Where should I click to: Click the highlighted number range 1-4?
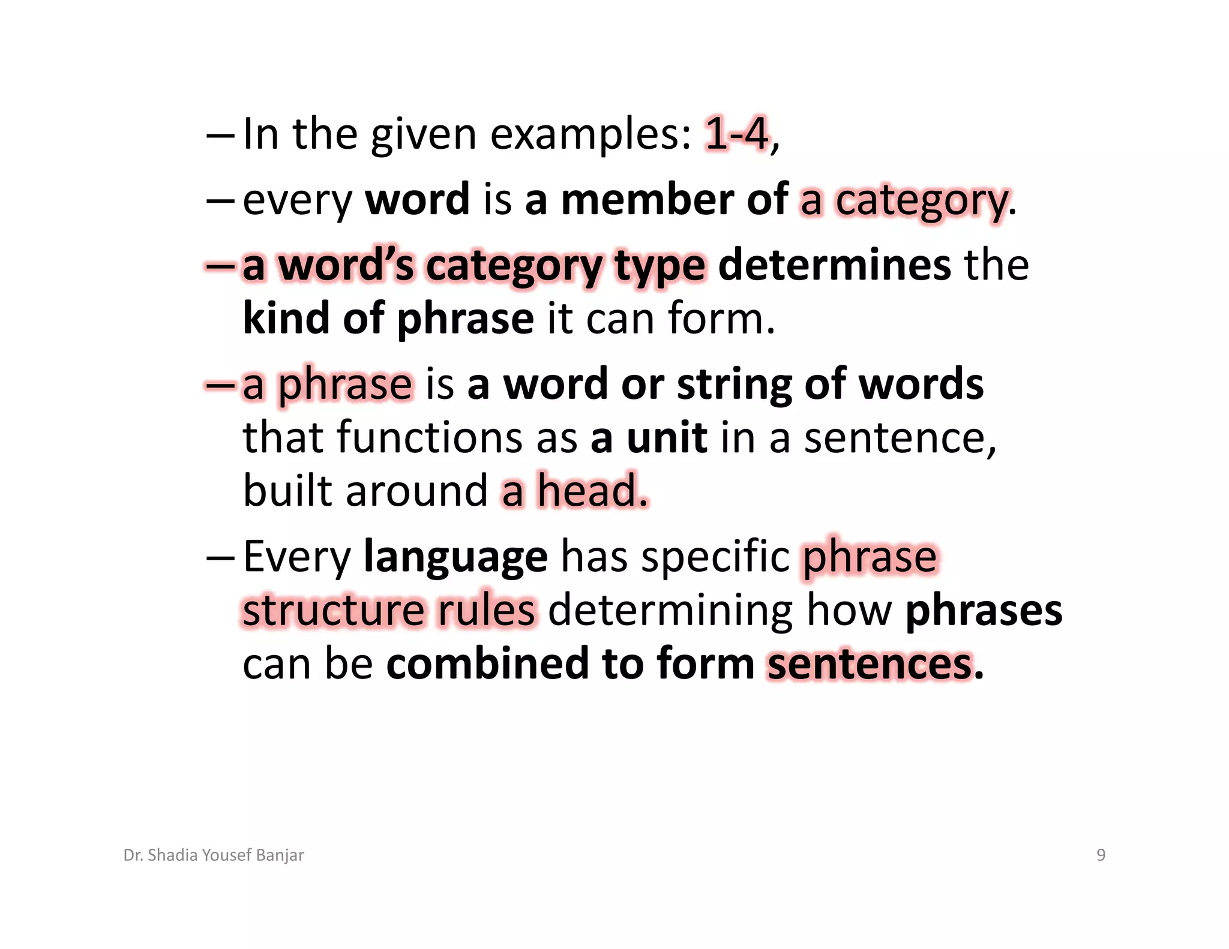click(x=736, y=134)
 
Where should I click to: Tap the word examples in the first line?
click(x=590, y=135)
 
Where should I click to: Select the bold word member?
click(x=647, y=199)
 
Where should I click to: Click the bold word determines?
click(x=834, y=265)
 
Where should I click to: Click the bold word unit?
click(x=667, y=437)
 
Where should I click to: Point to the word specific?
click(x=715, y=557)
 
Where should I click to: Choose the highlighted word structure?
click(x=333, y=610)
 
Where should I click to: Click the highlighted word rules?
click(x=485, y=610)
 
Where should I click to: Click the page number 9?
click(x=1101, y=855)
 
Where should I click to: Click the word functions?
click(x=430, y=437)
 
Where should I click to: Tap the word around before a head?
click(x=416, y=491)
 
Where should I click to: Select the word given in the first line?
click(x=423, y=135)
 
